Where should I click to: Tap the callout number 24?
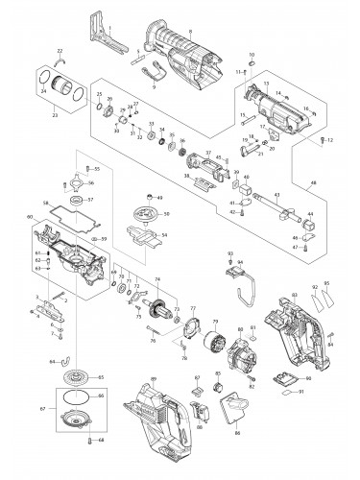44,93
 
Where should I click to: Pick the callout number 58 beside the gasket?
46,204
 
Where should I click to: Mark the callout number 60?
30,219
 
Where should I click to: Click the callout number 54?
167,234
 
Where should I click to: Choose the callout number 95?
326,283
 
